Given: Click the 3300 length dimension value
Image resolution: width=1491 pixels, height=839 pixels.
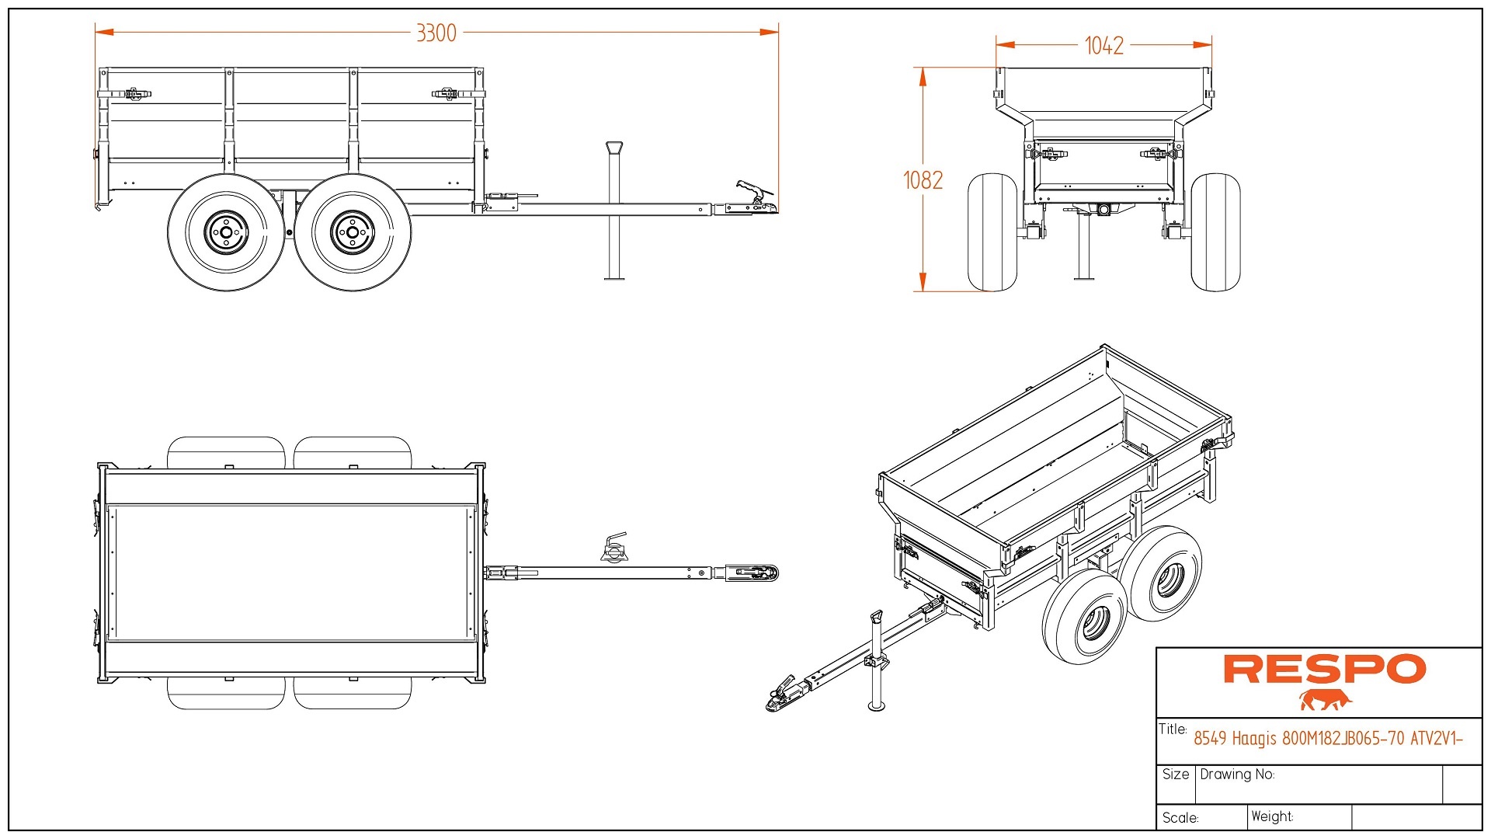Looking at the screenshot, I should point(436,33).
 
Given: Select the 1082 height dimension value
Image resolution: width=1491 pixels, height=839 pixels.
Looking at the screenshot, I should point(923,180).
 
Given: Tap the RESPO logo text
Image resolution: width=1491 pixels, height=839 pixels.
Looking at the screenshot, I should point(1324,669).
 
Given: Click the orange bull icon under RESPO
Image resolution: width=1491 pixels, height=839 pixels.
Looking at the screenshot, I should point(1325,700).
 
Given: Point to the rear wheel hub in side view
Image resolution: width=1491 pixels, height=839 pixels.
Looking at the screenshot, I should point(226,232).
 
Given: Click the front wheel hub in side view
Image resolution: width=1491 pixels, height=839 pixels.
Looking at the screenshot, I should point(353,232).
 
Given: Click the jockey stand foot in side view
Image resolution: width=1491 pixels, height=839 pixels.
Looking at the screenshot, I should point(614,277).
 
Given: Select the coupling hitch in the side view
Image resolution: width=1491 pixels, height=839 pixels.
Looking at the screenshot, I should point(753,199).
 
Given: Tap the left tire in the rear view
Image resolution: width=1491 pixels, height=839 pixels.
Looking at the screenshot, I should point(992,232).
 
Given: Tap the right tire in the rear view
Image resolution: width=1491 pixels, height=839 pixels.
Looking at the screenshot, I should point(1215,232).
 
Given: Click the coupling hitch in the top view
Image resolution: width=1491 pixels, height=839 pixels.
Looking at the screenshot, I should point(753,573).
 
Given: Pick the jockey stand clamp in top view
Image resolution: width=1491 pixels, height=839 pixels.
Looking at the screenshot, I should point(614,548).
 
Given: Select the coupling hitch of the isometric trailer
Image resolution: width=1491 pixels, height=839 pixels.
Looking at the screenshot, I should point(784,694).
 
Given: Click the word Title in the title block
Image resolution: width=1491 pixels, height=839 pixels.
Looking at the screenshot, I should point(1173,729).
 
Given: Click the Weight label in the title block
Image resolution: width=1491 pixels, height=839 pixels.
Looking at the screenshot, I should point(1272,816).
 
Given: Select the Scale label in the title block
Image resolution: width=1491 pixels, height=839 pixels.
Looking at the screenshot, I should point(1180,817).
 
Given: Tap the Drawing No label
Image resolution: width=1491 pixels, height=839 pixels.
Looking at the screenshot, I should point(1237,775).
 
